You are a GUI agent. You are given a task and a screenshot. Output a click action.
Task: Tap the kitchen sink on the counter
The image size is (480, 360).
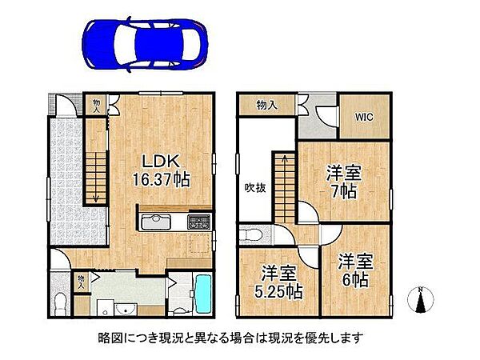click(x=156, y=222)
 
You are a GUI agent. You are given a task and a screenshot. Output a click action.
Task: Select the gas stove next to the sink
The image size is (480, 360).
click(x=200, y=222)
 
